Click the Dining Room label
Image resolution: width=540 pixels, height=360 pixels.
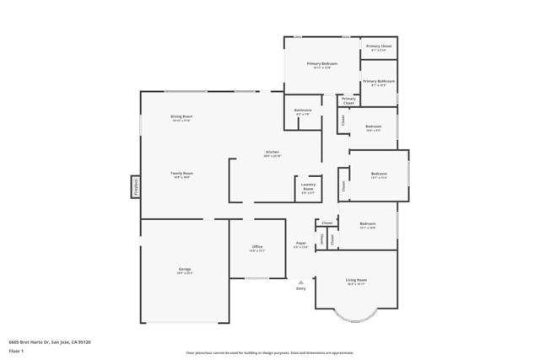[x=181, y=116]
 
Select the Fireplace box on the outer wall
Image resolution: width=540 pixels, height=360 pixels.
[x=135, y=186]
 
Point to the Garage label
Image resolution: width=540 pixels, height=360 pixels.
[x=184, y=269]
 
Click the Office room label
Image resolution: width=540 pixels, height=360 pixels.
[x=257, y=247]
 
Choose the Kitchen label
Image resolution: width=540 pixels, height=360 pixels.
[x=272, y=152]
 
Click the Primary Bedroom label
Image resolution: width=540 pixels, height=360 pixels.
[x=322, y=64]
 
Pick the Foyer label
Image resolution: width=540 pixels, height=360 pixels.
[x=300, y=244]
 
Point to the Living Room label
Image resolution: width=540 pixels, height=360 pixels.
[x=356, y=280]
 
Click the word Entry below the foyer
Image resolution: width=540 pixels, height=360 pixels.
[x=300, y=289]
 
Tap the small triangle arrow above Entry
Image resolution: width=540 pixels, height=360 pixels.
[x=300, y=282]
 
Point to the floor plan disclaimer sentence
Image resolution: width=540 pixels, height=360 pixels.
[x=270, y=352]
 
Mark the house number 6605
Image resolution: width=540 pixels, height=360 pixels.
[x=13, y=341]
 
